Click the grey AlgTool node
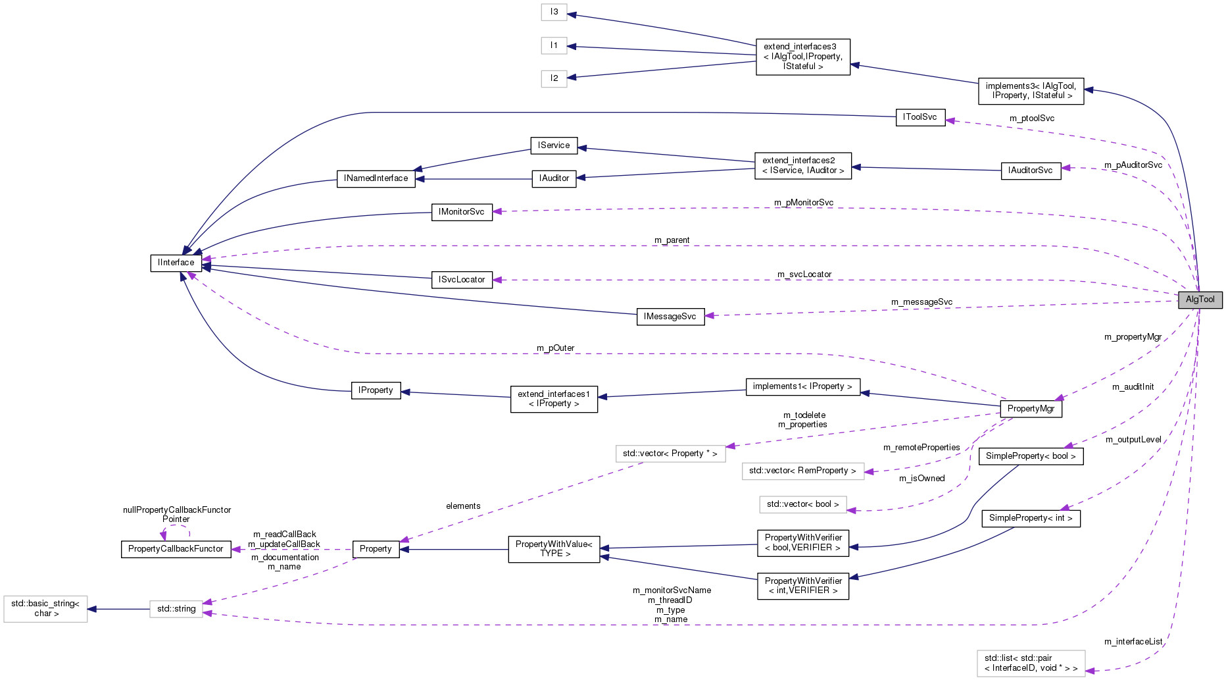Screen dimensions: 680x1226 1200,300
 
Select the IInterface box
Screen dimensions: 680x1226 176,263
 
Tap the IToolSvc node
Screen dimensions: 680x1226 919,117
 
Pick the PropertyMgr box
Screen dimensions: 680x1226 1030,409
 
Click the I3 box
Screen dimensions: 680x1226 554,12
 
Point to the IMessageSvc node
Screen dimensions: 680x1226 670,317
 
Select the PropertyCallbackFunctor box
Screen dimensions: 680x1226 176,549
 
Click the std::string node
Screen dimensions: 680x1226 176,609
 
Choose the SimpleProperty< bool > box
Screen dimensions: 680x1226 1030,456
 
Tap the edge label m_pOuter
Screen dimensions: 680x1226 555,348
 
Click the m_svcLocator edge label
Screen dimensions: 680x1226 804,275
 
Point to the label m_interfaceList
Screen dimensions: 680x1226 1133,642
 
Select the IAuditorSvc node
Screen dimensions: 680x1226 1030,170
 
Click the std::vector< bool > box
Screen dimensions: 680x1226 802,504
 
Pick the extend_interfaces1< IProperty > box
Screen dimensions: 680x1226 553,399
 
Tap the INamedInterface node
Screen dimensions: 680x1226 376,178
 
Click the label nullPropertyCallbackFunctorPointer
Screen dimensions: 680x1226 176,515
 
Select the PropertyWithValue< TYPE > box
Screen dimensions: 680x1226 553,549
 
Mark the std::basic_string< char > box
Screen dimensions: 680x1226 45,608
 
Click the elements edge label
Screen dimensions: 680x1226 463,506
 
